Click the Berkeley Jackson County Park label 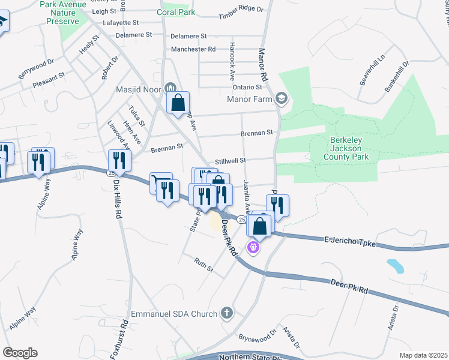coord(346,148)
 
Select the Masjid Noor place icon coord(169,89)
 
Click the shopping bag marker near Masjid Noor coord(178,103)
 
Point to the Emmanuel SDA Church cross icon coord(227,313)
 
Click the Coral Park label coord(175,11)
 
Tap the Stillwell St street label coord(231,160)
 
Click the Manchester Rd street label coord(193,49)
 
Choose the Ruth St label coord(203,264)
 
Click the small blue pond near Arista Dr coord(395,265)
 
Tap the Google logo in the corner coord(20,353)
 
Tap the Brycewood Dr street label coord(257,335)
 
